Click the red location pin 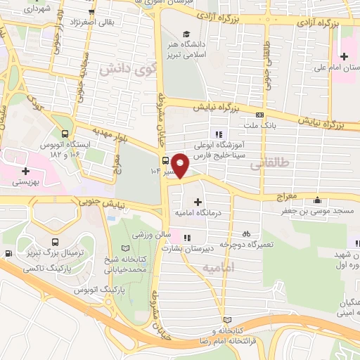pos(181,165)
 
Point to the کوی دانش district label pos(126,69)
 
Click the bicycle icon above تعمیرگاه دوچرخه pos(245,233)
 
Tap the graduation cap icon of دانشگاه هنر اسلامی pos(186,34)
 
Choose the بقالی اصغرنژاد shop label pos(120,24)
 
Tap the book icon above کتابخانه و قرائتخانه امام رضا pos(225,319)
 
